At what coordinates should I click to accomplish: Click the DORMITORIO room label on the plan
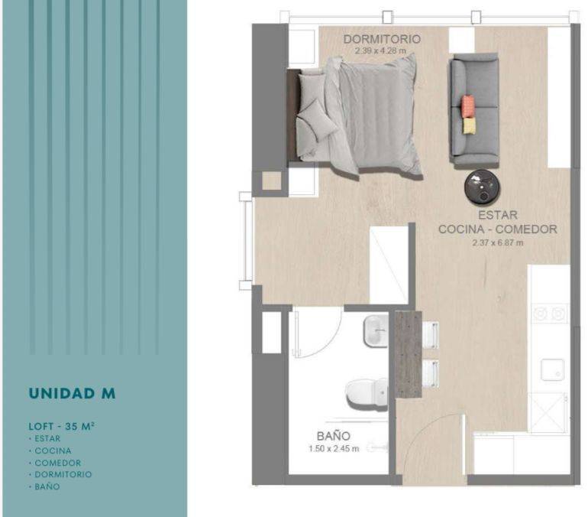pyautogui.click(x=382, y=39)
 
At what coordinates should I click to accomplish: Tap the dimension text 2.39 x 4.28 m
pyautogui.click(x=380, y=50)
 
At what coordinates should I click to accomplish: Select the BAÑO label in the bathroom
pyautogui.click(x=334, y=436)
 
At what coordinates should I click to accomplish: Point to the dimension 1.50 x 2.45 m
pyautogui.click(x=334, y=449)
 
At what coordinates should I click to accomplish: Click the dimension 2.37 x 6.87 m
pyautogui.click(x=498, y=242)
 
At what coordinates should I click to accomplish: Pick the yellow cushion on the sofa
pyautogui.click(x=470, y=125)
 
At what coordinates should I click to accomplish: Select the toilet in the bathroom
pyautogui.click(x=367, y=394)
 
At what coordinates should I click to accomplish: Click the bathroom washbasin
pyautogui.click(x=376, y=331)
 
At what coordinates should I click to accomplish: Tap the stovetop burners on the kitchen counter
pyautogui.click(x=549, y=313)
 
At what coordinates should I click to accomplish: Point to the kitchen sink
pyautogui.click(x=552, y=370)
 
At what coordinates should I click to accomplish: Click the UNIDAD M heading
pyautogui.click(x=72, y=393)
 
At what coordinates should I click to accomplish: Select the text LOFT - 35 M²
pyautogui.click(x=62, y=426)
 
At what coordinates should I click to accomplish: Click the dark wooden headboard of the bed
pyautogui.click(x=293, y=115)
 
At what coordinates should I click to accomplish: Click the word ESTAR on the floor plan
pyautogui.click(x=498, y=215)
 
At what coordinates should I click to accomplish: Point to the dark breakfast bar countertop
pyautogui.click(x=408, y=354)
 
